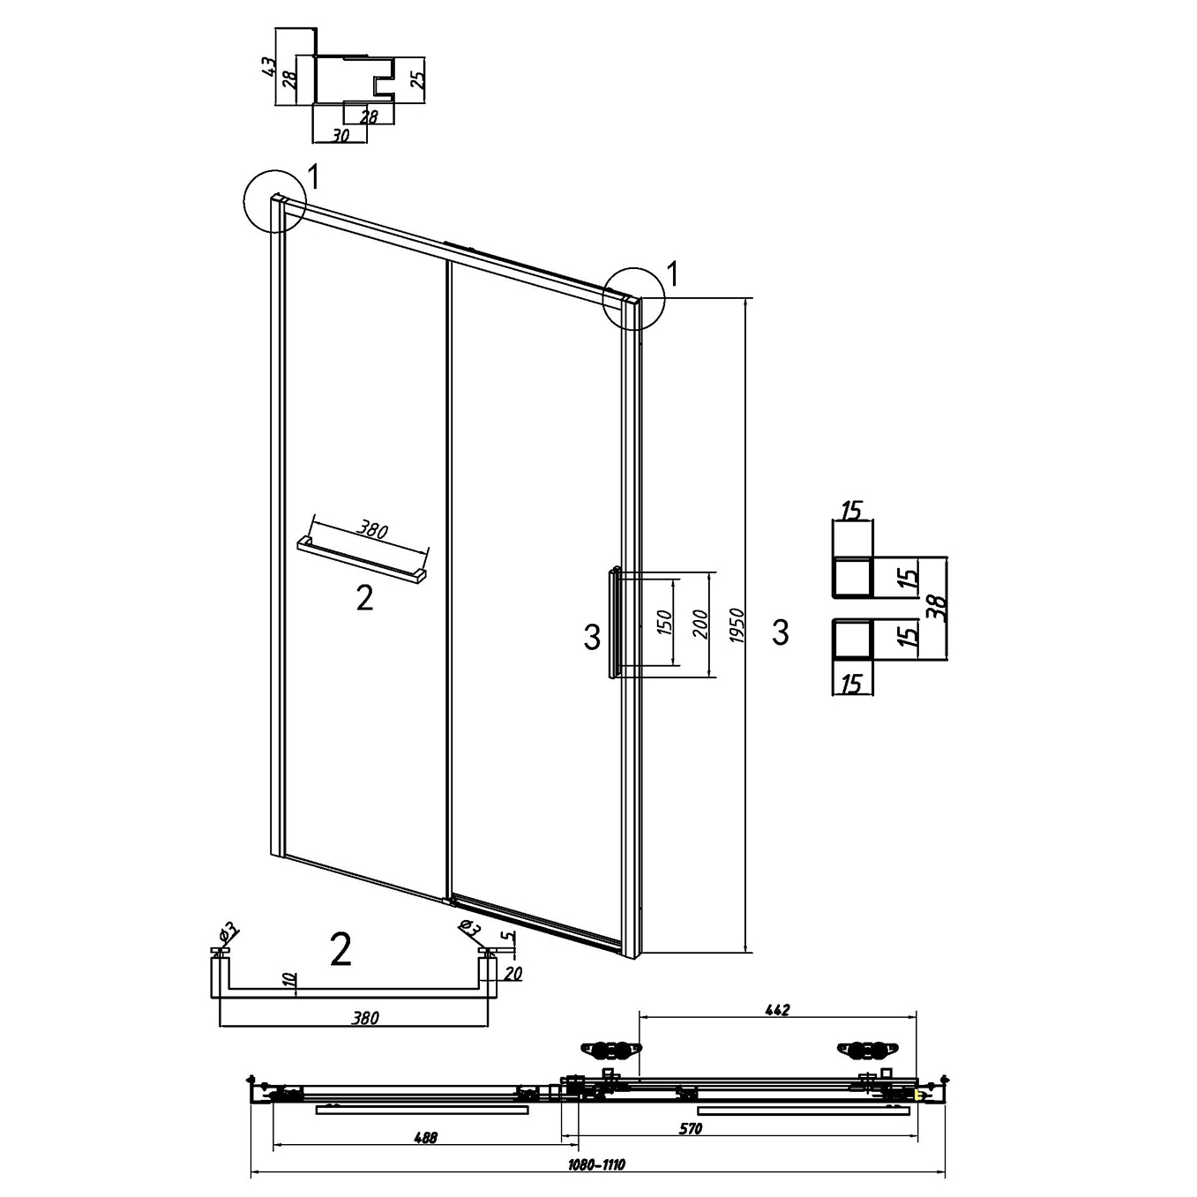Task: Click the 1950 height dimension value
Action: [737, 625]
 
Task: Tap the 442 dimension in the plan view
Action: [777, 1011]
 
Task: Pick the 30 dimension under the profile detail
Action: [340, 136]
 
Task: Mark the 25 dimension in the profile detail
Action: [418, 79]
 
